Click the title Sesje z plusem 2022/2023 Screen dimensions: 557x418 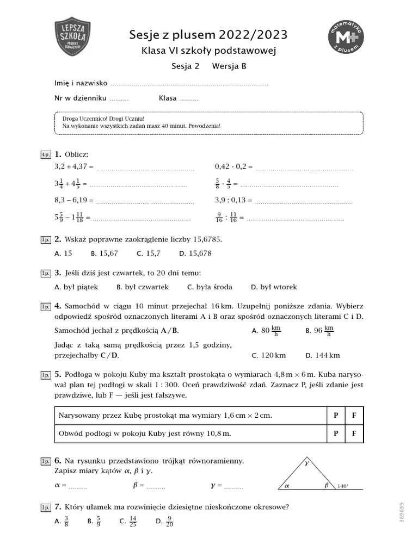coord(208,35)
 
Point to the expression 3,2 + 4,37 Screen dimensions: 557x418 coord(73,166)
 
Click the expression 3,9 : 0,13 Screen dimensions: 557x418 coord(233,200)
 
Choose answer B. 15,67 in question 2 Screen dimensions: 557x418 coord(104,253)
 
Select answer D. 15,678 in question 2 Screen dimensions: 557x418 coord(195,253)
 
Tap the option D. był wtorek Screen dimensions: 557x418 coord(274,287)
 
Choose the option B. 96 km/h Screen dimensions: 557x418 coord(320,330)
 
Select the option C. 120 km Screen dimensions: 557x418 coord(269,356)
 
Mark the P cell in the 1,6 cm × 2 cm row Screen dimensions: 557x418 coord(335,416)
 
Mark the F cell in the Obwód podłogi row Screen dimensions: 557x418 coord(354,434)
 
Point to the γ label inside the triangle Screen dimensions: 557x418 coord(306,464)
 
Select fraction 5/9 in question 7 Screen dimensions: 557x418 coord(99,522)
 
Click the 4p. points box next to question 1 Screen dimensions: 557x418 coord(46,155)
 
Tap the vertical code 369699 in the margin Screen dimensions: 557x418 coord(402,512)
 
